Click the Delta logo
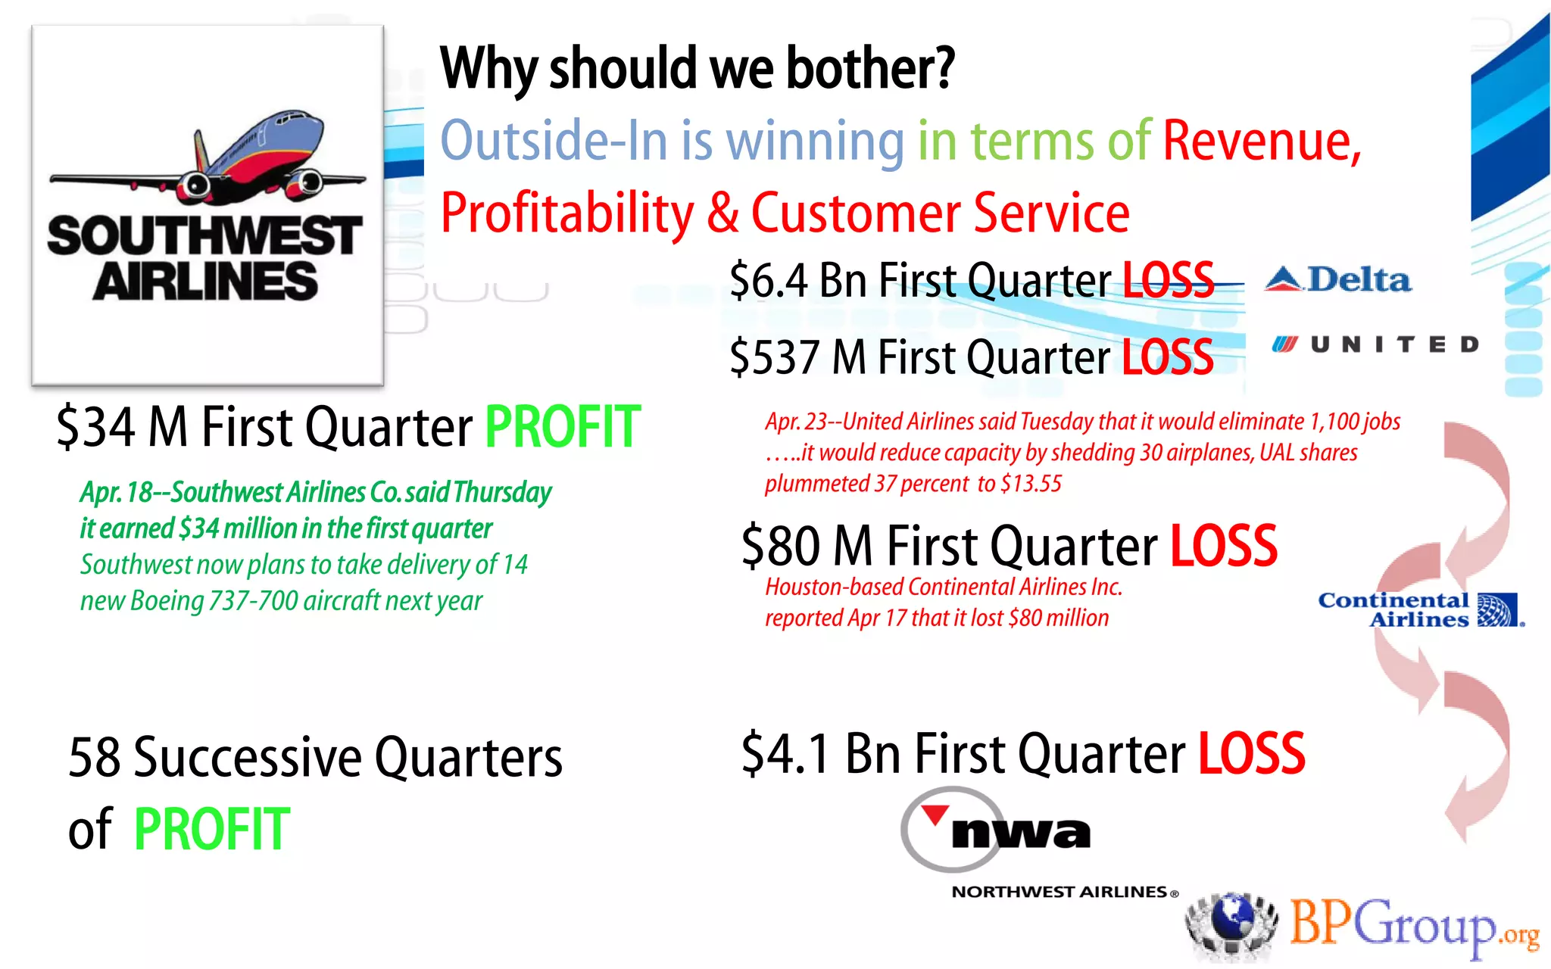1337,280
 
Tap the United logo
1375,345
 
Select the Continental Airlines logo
1421,609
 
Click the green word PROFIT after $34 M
562,428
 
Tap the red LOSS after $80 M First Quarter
1223,546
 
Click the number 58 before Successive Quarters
94,757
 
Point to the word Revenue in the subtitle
1262,141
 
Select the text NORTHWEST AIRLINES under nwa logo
1059,892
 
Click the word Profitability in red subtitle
566,213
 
